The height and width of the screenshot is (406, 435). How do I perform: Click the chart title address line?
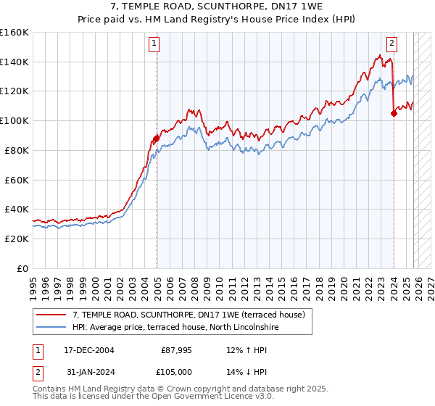pyautogui.click(x=217, y=7)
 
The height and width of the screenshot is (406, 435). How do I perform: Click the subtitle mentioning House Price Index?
pyautogui.click(x=217, y=18)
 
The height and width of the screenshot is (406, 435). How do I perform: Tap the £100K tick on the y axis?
pyautogui.click(x=14, y=120)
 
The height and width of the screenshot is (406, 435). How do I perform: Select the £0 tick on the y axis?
pyautogui.click(x=22, y=268)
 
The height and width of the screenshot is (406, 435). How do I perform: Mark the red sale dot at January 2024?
pyautogui.click(x=394, y=113)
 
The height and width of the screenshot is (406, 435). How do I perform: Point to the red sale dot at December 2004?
pyautogui.click(x=156, y=138)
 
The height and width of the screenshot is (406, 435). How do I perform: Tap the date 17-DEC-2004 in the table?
pyautogui.click(x=89, y=350)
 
